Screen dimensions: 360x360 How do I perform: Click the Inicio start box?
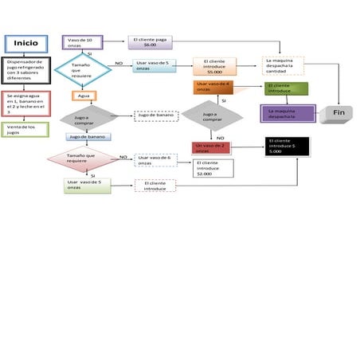click(25, 43)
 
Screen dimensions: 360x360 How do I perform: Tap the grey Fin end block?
click(338, 114)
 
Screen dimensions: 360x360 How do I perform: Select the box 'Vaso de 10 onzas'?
click(82, 42)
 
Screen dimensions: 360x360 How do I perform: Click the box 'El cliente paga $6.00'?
click(149, 42)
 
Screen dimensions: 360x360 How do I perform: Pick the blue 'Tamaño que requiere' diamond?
click(81, 68)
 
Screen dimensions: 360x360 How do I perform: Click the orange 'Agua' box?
click(81, 96)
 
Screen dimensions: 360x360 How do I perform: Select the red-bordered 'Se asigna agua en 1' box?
click(25, 103)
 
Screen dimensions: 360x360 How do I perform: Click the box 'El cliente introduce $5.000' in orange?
click(213, 66)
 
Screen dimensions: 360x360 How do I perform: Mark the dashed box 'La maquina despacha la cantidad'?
click(284, 65)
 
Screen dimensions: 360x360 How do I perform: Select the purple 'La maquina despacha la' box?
click(288, 113)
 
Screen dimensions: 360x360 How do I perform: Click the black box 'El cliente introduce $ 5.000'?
click(287, 146)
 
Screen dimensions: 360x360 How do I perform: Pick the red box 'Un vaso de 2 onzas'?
click(212, 147)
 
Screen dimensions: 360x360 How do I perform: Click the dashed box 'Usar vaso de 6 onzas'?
click(155, 160)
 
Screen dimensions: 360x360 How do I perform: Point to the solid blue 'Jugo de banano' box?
click(88, 136)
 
